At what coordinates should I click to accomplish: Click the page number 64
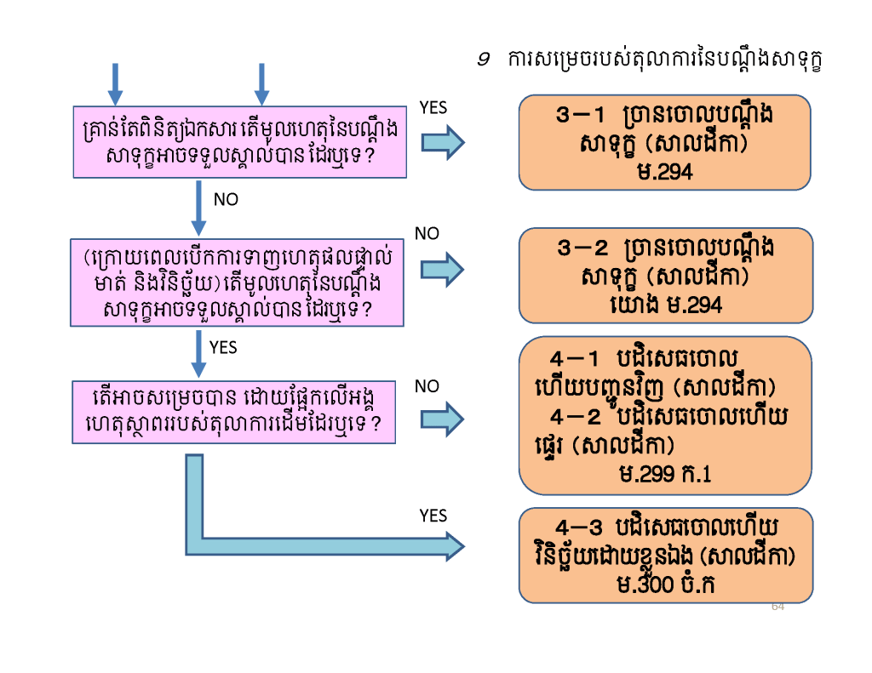[777, 606]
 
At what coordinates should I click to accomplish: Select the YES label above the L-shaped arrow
[433, 516]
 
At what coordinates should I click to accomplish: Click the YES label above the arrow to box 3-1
[433, 107]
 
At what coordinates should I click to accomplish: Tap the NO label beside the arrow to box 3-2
[427, 233]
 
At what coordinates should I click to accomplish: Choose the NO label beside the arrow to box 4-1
[427, 386]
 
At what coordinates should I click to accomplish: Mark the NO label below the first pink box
[226, 200]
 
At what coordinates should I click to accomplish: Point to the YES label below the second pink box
[223, 347]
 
